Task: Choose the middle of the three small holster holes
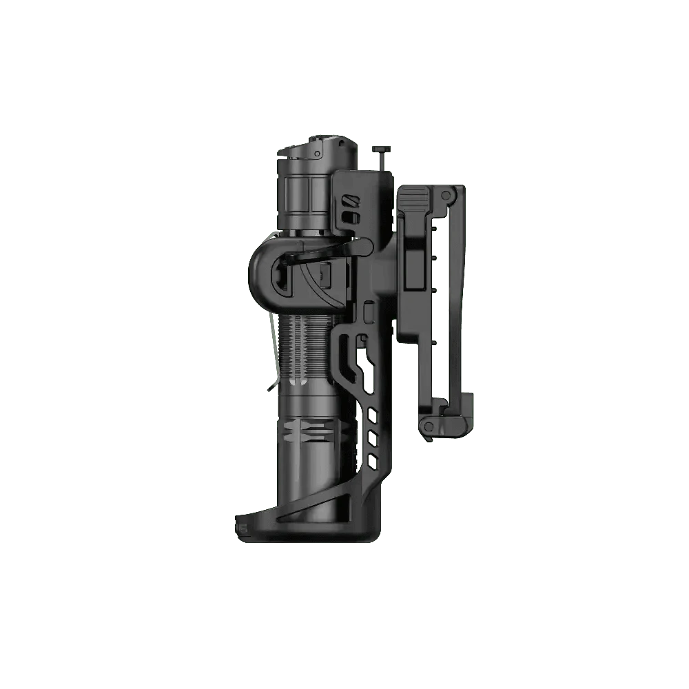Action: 373,435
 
